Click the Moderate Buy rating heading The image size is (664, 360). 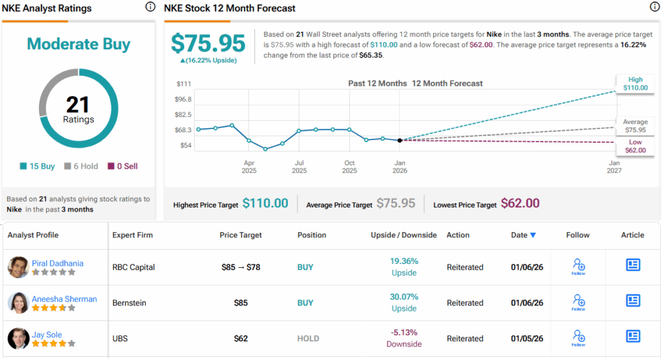[x=78, y=44]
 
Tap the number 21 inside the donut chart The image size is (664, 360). [x=78, y=104]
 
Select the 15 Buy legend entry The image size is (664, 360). [x=38, y=166]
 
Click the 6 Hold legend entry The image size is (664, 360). [x=81, y=166]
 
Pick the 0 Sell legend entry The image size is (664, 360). [x=123, y=166]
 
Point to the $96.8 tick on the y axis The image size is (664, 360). [x=184, y=99]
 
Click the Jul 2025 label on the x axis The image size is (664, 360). [x=299, y=167]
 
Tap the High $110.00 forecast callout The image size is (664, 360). [x=635, y=84]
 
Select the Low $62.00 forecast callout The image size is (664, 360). [x=635, y=146]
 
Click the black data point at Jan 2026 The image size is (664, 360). [x=399, y=140]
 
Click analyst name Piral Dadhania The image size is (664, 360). [x=58, y=263]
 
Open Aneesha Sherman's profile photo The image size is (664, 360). [x=18, y=303]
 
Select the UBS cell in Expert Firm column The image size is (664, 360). [x=120, y=339]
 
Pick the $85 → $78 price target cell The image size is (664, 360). [x=240, y=267]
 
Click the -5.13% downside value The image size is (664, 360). [x=404, y=333]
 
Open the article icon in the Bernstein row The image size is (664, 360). [x=633, y=300]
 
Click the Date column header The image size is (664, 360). [x=523, y=235]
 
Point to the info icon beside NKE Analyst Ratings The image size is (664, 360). [x=150, y=7]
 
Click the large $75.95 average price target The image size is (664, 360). [x=208, y=43]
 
